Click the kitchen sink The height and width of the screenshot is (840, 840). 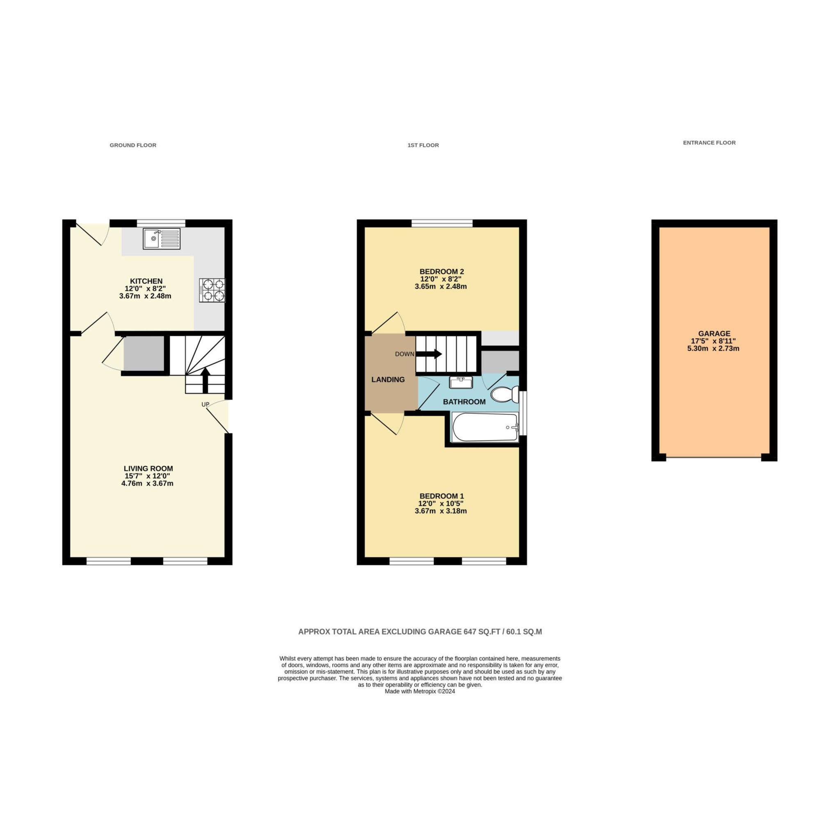[161, 239]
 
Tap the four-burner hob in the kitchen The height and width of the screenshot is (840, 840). [212, 290]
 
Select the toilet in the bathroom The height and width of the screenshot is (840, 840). [505, 394]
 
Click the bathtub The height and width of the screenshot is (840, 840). [485, 427]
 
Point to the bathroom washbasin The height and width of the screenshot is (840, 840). [461, 383]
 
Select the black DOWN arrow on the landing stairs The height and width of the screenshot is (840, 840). [429, 354]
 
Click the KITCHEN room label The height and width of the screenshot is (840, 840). [146, 281]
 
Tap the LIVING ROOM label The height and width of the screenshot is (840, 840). [148, 469]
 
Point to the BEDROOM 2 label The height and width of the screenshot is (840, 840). [441, 272]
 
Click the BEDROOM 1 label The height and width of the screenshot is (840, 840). [441, 496]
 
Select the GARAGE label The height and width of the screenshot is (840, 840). [714, 334]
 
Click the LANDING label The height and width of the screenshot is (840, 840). [388, 379]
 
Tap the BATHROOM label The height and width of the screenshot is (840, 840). [464, 402]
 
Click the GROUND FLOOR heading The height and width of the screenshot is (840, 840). [133, 145]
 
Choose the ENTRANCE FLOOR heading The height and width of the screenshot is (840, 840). [709, 143]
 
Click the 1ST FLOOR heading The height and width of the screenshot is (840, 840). [423, 145]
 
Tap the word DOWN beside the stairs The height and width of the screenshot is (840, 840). [404, 354]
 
